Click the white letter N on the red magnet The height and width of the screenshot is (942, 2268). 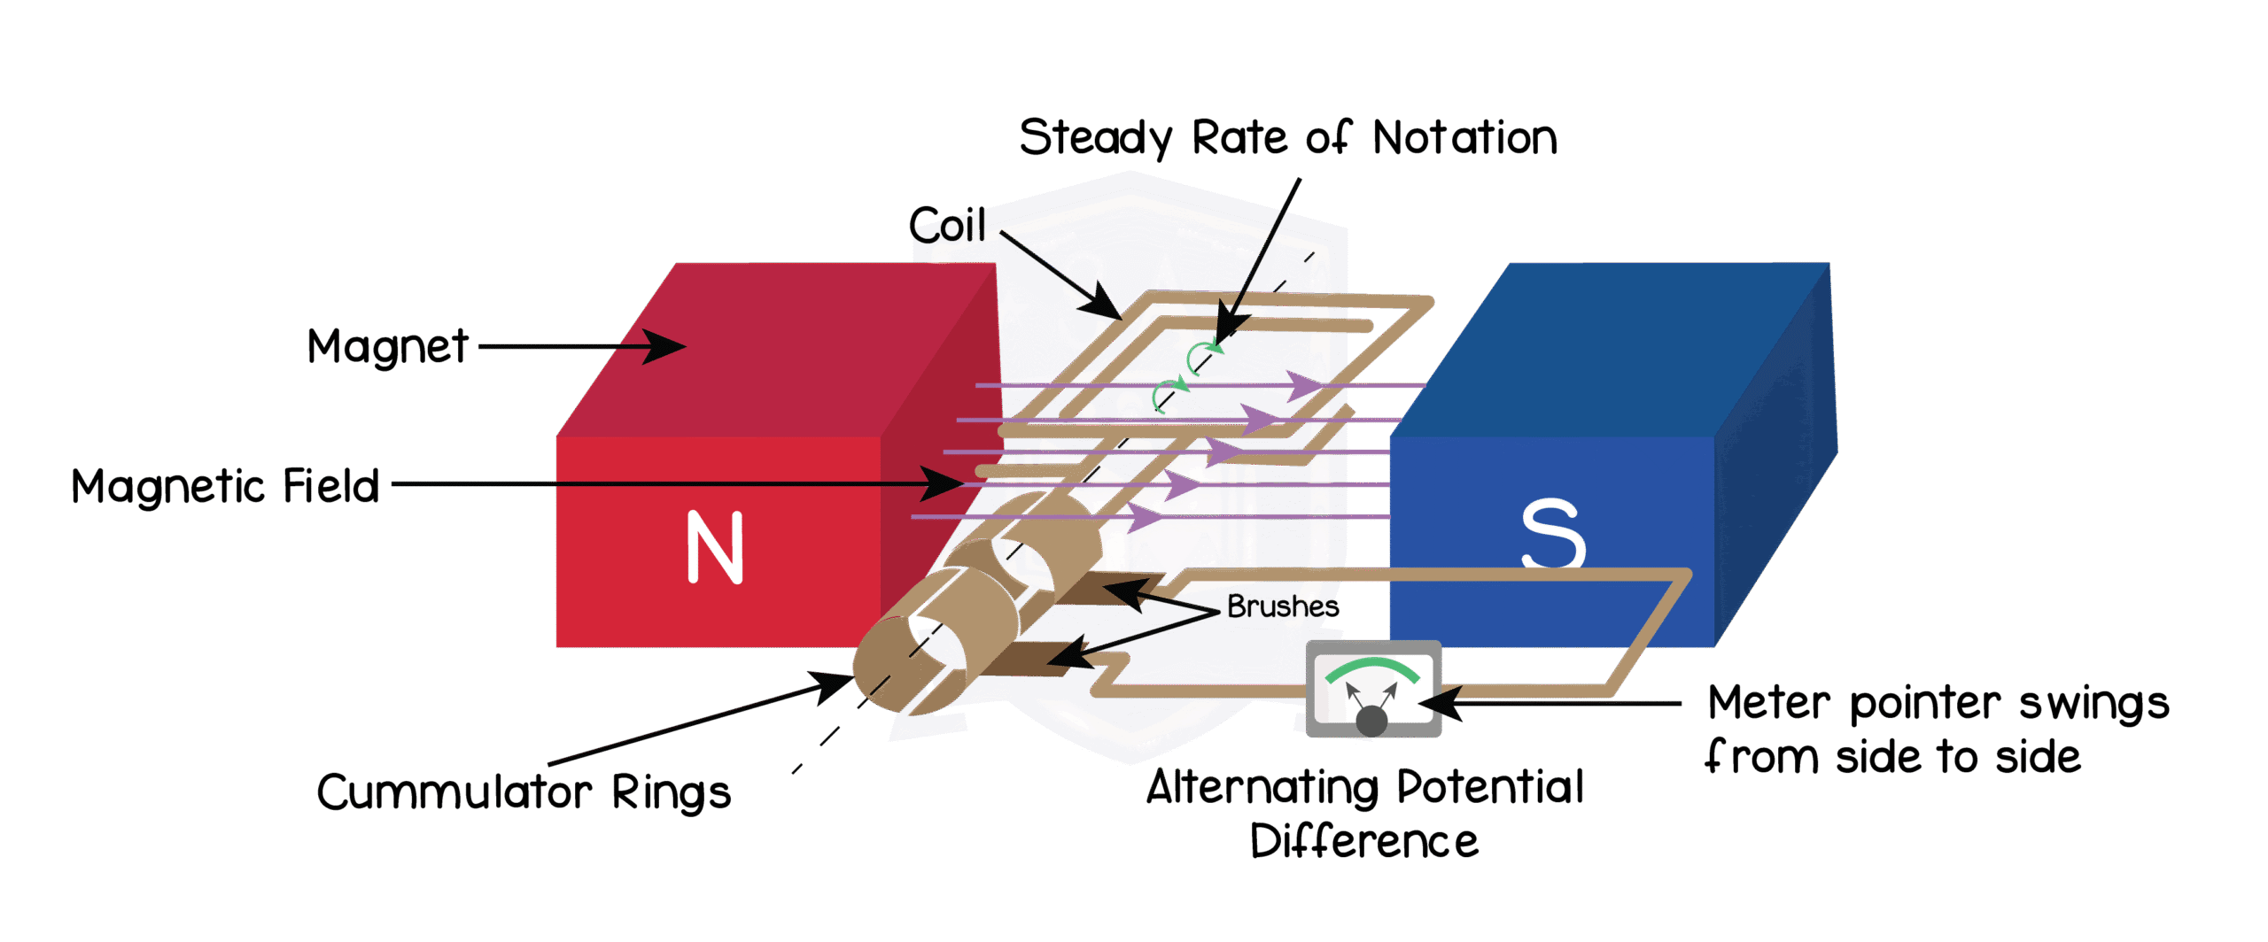coord(714,548)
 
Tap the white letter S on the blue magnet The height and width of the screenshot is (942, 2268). coord(1552,533)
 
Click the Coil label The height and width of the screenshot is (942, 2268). coord(947,225)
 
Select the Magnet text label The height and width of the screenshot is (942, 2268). coord(387,346)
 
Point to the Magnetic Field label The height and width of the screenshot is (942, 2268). coord(225,486)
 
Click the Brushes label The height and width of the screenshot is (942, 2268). coord(1283,606)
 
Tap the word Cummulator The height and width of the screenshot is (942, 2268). coord(454,791)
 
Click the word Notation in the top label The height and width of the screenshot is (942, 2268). coord(1464,138)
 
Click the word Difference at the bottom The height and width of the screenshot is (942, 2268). coord(1364,841)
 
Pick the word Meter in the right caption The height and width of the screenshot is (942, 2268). coord(1768,703)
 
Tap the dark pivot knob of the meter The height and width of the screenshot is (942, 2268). coord(1371,721)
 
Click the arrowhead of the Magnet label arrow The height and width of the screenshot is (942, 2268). coord(664,346)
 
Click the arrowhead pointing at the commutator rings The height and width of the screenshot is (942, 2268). coord(832,685)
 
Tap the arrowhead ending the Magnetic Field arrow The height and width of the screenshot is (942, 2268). coord(942,483)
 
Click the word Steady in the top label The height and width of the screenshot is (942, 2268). coord(1096,138)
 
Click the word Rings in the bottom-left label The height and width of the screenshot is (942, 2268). coord(671,792)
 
